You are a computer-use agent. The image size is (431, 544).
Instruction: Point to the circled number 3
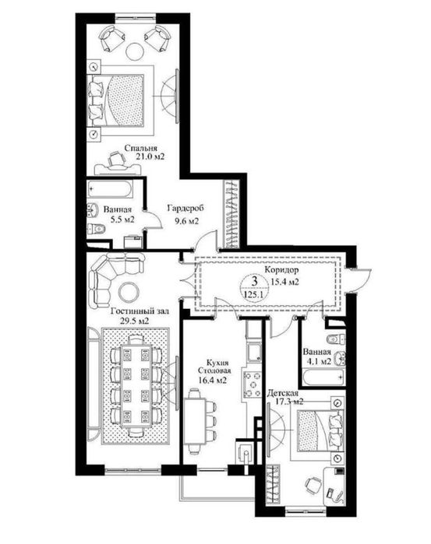[254, 282]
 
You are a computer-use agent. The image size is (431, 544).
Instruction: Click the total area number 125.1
[254, 295]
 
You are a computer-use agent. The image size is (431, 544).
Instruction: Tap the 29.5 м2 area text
[132, 320]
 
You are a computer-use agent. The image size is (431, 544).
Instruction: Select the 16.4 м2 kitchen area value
[211, 381]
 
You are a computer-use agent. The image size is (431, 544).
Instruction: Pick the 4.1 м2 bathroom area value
[317, 361]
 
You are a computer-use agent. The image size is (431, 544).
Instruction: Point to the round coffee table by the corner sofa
[125, 293]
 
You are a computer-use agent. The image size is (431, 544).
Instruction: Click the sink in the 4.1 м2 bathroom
[334, 340]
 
